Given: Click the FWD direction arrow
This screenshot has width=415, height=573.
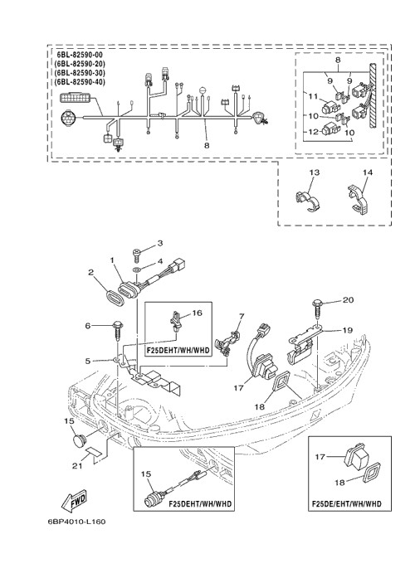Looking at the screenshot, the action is (74, 499).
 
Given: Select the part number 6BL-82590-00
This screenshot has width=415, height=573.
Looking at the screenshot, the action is (80, 55).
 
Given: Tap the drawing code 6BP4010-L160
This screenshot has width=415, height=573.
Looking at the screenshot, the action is (76, 522).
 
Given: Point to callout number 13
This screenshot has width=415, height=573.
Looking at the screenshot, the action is (315, 172).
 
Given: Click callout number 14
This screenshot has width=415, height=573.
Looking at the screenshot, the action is (368, 172).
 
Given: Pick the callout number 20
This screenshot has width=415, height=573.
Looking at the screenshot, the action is (348, 299).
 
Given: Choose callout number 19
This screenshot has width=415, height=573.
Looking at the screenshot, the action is (348, 330).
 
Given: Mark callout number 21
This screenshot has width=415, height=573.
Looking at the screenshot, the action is (77, 465).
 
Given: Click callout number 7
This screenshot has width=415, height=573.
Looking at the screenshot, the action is (242, 316).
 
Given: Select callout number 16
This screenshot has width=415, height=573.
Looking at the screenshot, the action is (197, 313).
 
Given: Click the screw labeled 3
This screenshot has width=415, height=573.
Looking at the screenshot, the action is (136, 255).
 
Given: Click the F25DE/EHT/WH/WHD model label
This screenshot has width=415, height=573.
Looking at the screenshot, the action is (346, 504).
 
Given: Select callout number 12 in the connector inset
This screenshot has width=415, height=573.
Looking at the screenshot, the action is (313, 132).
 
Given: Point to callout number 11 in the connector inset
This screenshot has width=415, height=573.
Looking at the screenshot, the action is (313, 96).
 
